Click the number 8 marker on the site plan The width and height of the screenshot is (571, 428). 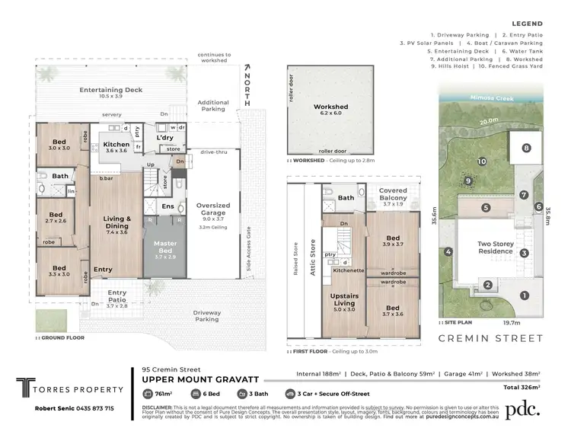[x=525, y=148]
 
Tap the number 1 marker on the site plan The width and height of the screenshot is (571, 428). [x=522, y=295]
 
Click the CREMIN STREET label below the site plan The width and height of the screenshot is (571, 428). [x=491, y=338]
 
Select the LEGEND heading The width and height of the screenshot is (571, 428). [x=528, y=23]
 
